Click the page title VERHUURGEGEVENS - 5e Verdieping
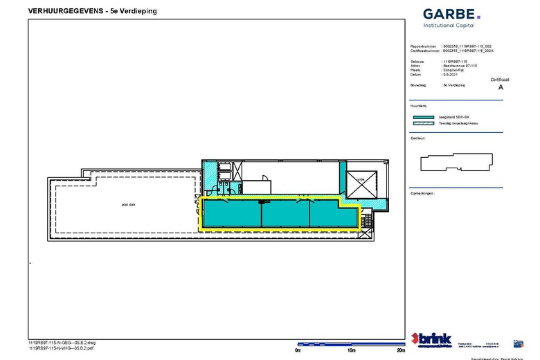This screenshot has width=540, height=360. pos(91,10)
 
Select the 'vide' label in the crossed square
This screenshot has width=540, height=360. pos(361,179)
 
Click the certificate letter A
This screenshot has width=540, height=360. pos(501,88)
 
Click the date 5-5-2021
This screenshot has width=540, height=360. pos(449,74)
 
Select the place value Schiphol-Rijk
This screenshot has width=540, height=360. pos(454,70)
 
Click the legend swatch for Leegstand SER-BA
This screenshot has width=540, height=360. pos(427,118)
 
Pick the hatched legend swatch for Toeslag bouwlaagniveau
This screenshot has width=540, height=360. pos(427,123)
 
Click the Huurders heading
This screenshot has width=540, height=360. pos(419,106)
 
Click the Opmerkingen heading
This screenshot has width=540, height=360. pos(422,193)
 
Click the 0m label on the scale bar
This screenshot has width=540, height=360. pos(298,350)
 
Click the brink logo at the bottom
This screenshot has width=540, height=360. pos(431,339)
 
